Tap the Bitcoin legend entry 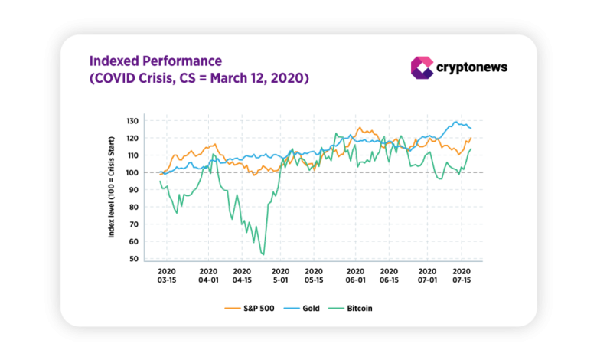coord(357,309)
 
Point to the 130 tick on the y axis coord(132,121)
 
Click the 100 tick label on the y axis coord(132,172)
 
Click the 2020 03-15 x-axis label coord(167,276)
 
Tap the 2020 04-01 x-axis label coord(208,276)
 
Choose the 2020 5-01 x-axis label coord(279,276)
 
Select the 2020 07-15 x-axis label coord(462,276)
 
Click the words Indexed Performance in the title coord(155,61)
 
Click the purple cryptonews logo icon coord(422,67)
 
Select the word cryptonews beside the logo coord(471,67)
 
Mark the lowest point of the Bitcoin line coord(263,254)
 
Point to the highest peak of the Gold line coord(457,122)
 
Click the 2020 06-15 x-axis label coord(389,276)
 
